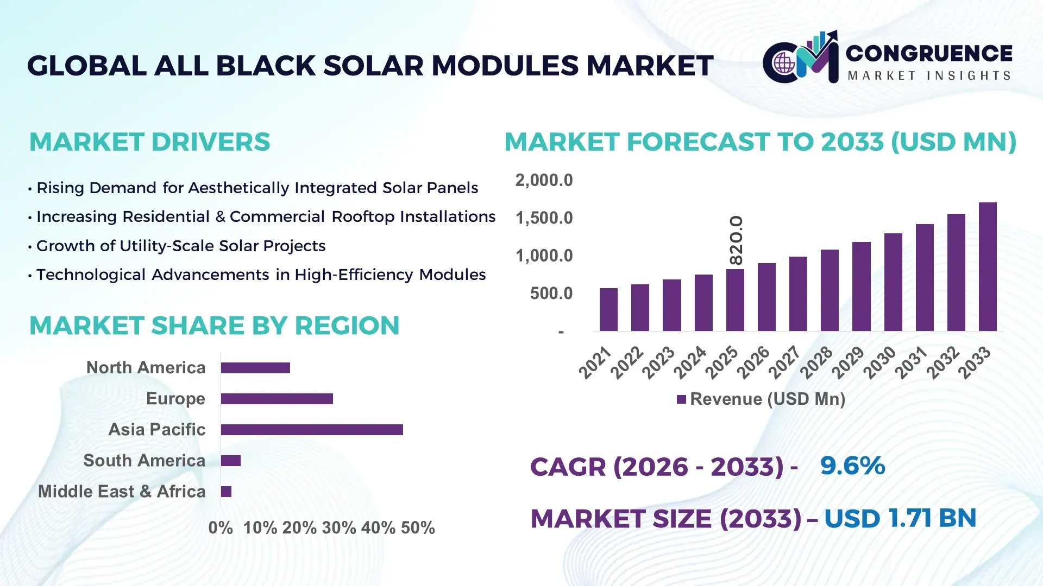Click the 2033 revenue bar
[988, 266]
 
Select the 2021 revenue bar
[608, 309]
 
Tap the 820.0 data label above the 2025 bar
[736, 240]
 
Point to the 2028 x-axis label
[816, 362]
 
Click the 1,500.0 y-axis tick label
[544, 218]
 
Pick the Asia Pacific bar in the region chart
[312, 430]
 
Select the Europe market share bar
[277, 399]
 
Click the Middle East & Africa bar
[226, 492]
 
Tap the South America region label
[144, 461]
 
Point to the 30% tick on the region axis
[338, 528]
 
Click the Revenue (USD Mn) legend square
[681, 400]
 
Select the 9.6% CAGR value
[852, 466]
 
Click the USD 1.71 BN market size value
[900, 519]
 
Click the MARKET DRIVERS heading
[149, 142]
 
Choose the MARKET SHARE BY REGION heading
[214, 326]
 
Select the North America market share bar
[255, 368]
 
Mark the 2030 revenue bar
[893, 282]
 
